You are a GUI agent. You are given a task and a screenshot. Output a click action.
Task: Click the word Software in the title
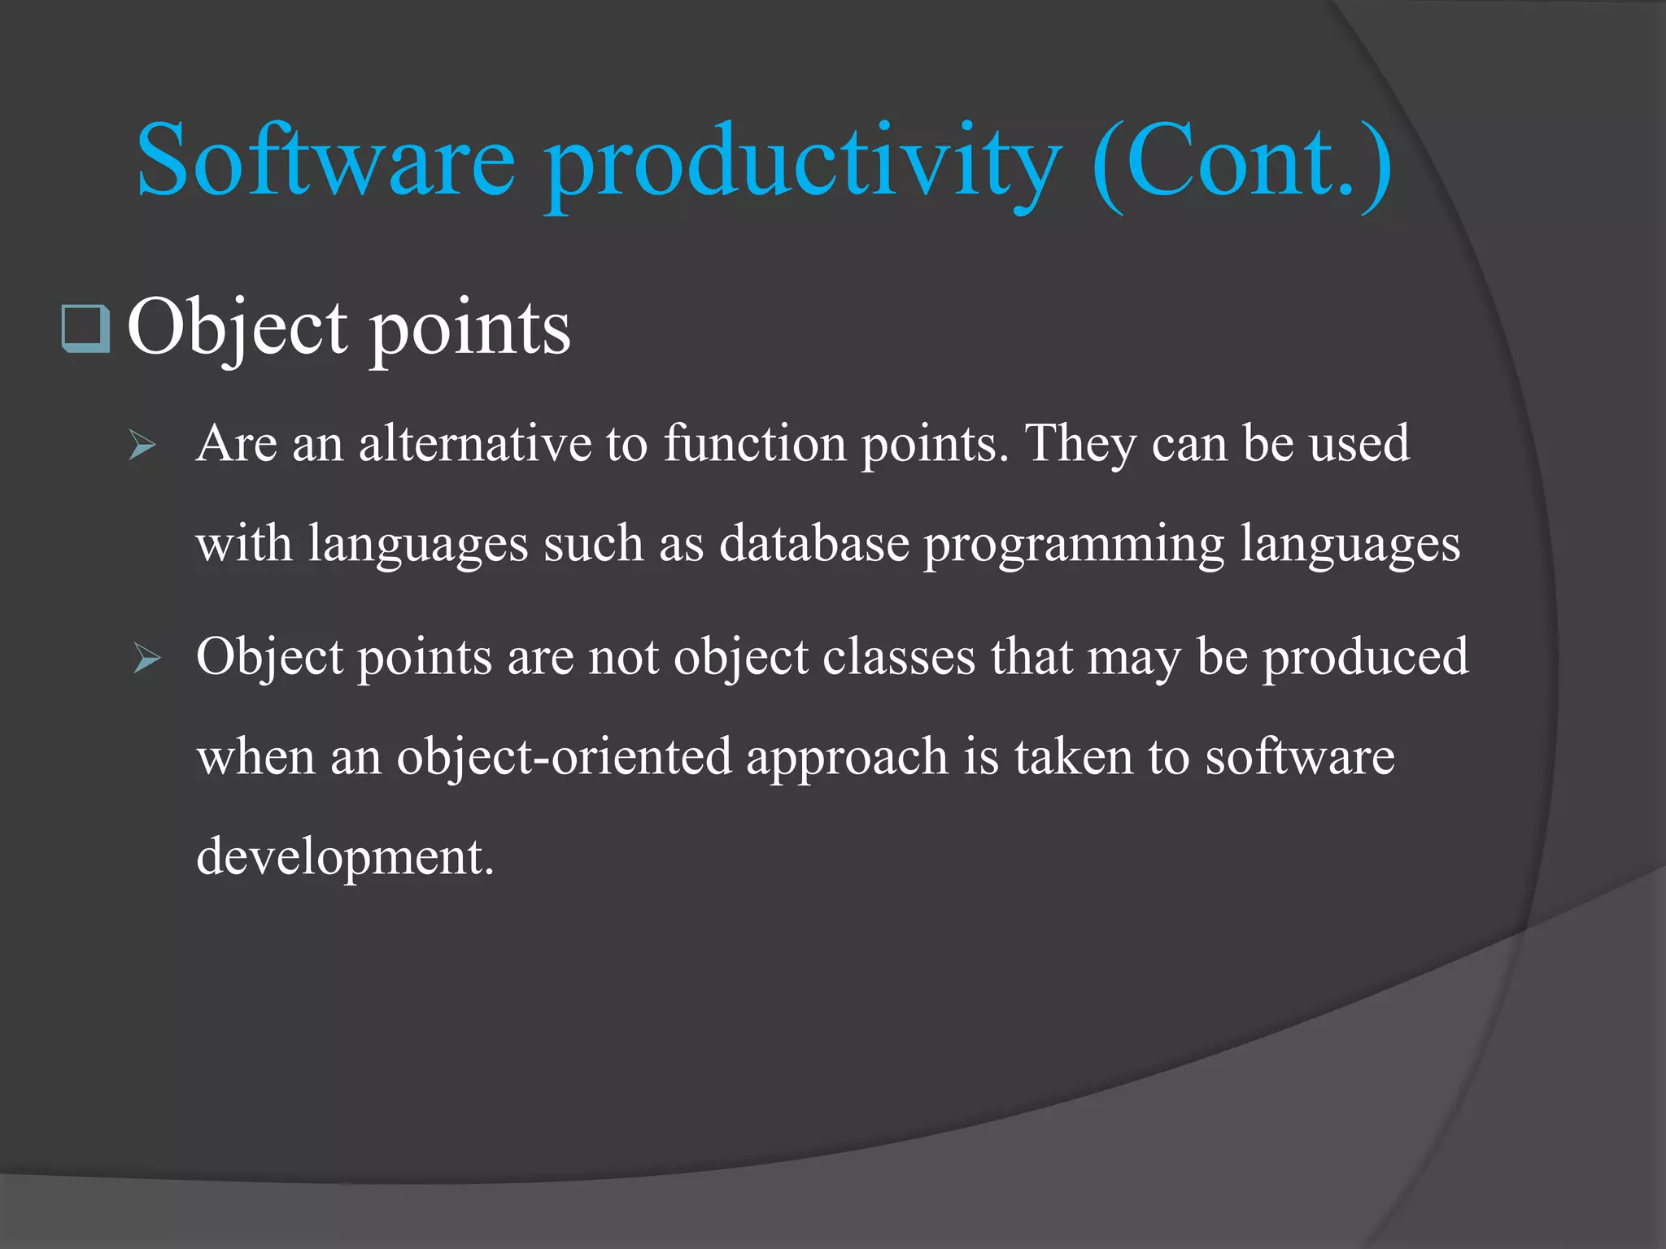pyautogui.click(x=325, y=160)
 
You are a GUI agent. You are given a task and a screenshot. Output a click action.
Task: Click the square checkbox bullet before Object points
pyautogui.click(x=85, y=329)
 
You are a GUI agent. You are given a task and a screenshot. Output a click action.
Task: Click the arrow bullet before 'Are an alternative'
pyautogui.click(x=142, y=446)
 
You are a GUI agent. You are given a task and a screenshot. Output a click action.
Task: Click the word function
pyautogui.click(x=754, y=444)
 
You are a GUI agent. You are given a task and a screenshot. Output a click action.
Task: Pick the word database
pyautogui.click(x=813, y=543)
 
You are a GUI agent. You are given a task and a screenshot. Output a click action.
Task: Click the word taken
pyautogui.click(x=1073, y=756)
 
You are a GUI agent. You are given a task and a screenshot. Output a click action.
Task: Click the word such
pyautogui.click(x=593, y=543)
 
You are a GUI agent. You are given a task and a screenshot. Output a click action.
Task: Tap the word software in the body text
pyautogui.click(x=1299, y=756)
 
